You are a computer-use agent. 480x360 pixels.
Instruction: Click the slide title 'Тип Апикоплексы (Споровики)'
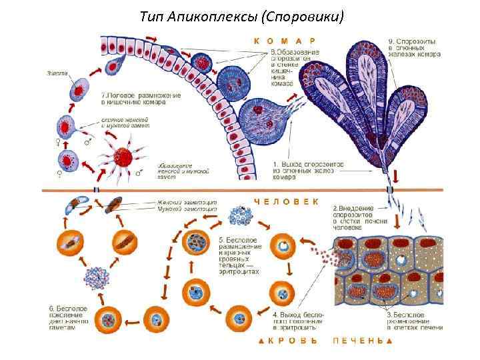pyautogui.click(x=242, y=15)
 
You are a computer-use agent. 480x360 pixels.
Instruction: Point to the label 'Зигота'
pyautogui.click(x=57, y=73)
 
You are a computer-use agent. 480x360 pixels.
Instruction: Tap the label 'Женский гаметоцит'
pyautogui.click(x=187, y=202)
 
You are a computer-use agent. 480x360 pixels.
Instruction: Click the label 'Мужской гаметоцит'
pyautogui.click(x=187, y=209)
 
